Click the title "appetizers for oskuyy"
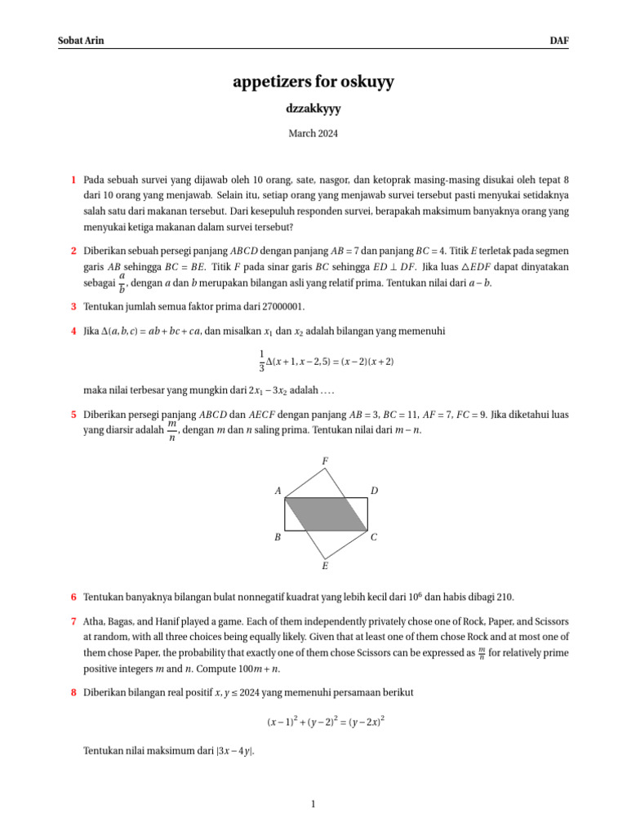click(x=313, y=82)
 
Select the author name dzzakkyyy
click(x=313, y=108)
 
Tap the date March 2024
click(x=313, y=133)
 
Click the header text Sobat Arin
click(x=81, y=40)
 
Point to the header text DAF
click(x=559, y=40)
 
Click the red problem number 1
click(x=73, y=179)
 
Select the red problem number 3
click(x=73, y=307)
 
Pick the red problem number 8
click(x=73, y=692)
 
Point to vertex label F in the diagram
click(x=325, y=462)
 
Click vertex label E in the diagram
click(x=325, y=565)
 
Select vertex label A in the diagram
click(x=278, y=491)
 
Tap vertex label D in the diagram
click(x=374, y=491)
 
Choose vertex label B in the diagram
click(x=278, y=537)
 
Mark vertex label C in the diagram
click(x=374, y=537)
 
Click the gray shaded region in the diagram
click(x=326, y=513)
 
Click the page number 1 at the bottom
click(x=313, y=805)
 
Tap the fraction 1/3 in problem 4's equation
click(x=261, y=361)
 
